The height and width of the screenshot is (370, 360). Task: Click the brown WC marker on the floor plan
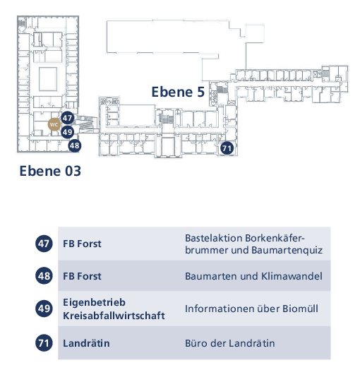pyautogui.click(x=54, y=124)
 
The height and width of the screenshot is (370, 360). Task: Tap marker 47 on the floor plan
pyautogui.click(x=68, y=118)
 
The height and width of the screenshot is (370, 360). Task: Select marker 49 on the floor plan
pyautogui.click(x=68, y=132)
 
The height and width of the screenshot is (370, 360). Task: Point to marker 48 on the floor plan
pyautogui.click(x=75, y=145)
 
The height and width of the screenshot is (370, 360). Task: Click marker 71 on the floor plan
pyautogui.click(x=227, y=148)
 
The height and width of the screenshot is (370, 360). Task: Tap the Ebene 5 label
pyautogui.click(x=178, y=92)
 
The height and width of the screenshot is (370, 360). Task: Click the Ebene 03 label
pyautogui.click(x=50, y=171)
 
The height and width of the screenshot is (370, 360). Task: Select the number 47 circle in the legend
pyautogui.click(x=44, y=244)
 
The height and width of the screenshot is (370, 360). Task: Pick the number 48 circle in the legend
pyautogui.click(x=44, y=275)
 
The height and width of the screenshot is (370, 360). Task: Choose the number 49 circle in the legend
pyautogui.click(x=44, y=308)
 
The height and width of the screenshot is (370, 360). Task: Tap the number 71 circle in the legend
pyautogui.click(x=44, y=343)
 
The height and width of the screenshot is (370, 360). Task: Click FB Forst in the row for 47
pyautogui.click(x=82, y=244)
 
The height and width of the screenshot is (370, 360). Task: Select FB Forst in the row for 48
pyautogui.click(x=82, y=276)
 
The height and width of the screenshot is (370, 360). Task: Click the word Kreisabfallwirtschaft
pyautogui.click(x=114, y=316)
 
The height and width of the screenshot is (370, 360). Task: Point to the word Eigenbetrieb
pyautogui.click(x=94, y=303)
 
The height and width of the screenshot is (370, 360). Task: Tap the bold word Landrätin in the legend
pyautogui.click(x=86, y=343)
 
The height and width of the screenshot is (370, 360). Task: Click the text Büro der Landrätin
pyautogui.click(x=230, y=343)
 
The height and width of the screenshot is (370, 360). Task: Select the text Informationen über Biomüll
pyautogui.click(x=251, y=309)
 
